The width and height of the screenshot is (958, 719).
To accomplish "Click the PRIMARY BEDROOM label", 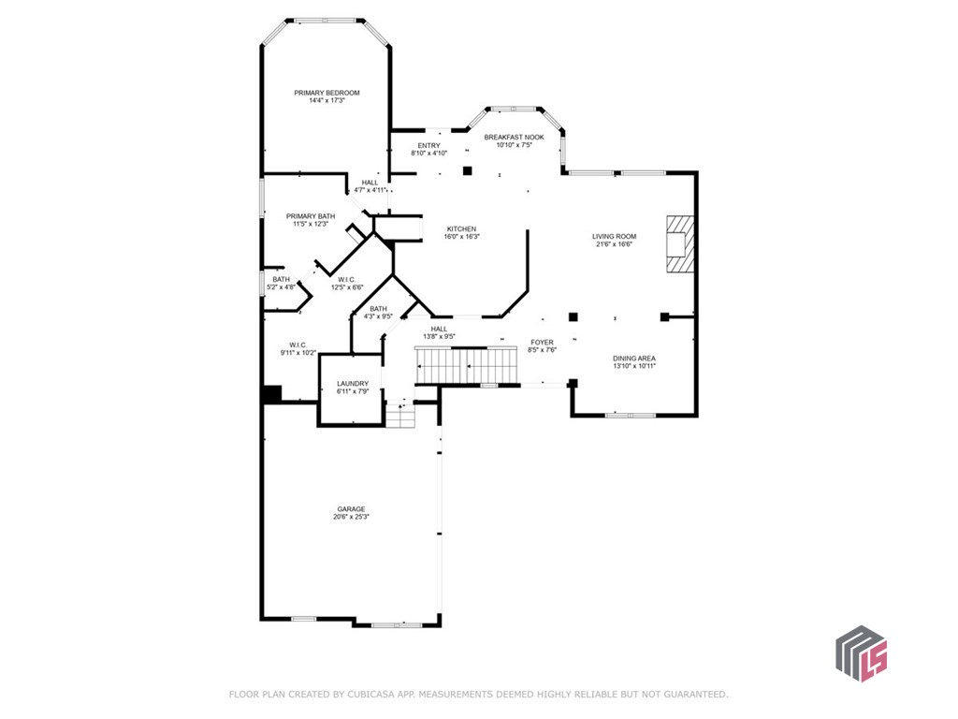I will [x=327, y=93].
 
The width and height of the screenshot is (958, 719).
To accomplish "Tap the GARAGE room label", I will [x=351, y=509].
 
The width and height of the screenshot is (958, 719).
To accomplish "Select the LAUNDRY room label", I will [x=353, y=383].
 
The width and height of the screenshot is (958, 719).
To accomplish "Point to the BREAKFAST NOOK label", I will [x=514, y=137].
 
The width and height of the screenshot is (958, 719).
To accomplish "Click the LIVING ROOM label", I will [x=614, y=236].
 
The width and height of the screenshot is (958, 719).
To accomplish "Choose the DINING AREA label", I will [x=633, y=358].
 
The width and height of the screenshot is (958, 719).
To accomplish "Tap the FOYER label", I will [x=542, y=343].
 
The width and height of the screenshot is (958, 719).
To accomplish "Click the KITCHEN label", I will [x=461, y=228].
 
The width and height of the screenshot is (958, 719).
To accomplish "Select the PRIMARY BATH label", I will [x=310, y=216].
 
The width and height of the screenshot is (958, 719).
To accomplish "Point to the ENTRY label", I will [x=428, y=145].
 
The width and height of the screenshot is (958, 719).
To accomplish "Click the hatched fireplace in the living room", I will [x=679, y=243].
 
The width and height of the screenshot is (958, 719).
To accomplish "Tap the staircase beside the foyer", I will [x=466, y=363].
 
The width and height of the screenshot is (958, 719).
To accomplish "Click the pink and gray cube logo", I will [x=860, y=653].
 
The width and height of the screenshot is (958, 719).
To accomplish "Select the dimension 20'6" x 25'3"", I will [x=351, y=517].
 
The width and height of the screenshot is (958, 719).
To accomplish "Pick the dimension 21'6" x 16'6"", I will [x=614, y=244].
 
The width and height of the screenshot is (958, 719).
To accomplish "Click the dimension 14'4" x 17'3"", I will [x=327, y=100].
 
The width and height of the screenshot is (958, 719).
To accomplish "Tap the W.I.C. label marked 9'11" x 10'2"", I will [x=298, y=345].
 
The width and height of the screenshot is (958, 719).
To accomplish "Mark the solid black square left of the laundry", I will [x=271, y=394].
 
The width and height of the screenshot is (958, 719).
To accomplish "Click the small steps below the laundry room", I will [x=400, y=415].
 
